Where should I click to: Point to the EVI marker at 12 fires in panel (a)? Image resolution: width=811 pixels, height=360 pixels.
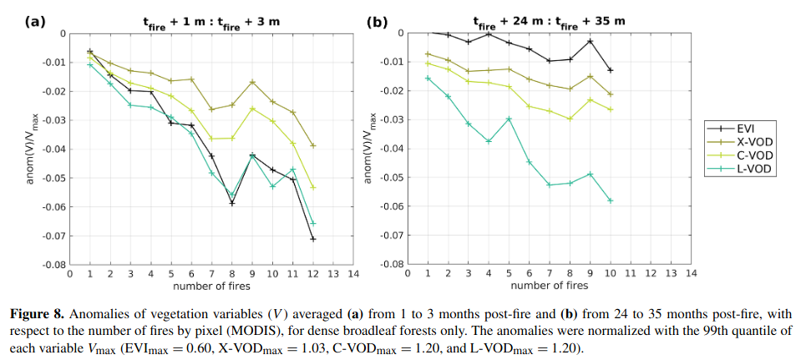(x=313, y=239)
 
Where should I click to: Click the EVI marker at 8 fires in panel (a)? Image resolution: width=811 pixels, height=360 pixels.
(x=232, y=203)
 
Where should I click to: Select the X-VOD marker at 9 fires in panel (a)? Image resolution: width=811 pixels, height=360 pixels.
(x=252, y=82)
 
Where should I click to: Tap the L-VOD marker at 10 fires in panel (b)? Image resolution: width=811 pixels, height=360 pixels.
(x=611, y=200)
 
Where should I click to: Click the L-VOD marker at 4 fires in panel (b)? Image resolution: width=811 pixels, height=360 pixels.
(x=489, y=141)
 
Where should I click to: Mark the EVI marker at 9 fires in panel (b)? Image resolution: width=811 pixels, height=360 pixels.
(x=591, y=41)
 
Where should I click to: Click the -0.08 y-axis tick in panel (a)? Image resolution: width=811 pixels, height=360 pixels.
(x=53, y=264)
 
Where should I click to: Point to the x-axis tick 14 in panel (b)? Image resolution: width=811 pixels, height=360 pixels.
(x=692, y=274)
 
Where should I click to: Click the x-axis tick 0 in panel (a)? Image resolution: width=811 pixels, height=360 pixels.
(x=69, y=274)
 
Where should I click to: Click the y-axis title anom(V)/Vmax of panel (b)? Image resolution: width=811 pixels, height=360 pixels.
(x=368, y=148)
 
